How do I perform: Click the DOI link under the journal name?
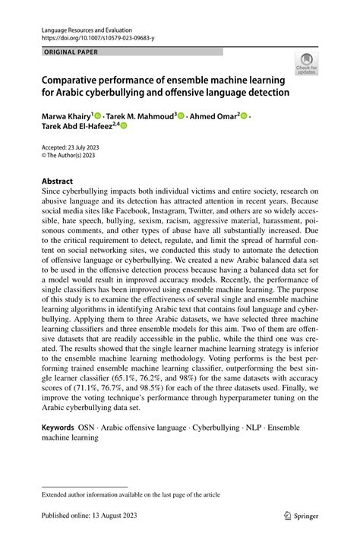point(91,36)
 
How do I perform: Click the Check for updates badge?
point(307,63)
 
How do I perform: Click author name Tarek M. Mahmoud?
point(136,116)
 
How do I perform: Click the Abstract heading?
point(57,181)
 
